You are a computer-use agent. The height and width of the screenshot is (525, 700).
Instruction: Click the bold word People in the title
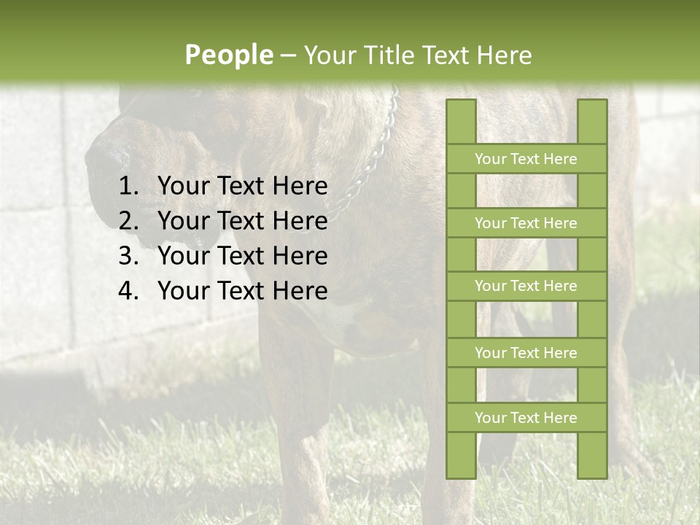pyautogui.click(x=228, y=55)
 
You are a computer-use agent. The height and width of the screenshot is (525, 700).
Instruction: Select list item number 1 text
pyautogui.click(x=242, y=187)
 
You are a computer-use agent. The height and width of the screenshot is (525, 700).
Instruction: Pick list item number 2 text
pyautogui.click(x=242, y=221)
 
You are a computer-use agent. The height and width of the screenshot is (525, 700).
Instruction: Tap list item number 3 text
pyautogui.click(x=242, y=256)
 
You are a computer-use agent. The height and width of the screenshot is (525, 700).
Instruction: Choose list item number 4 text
pyautogui.click(x=242, y=291)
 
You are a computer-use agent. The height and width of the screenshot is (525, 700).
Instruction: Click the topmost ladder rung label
pyautogui.click(x=526, y=159)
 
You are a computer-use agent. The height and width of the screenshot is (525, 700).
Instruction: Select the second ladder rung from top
pyautogui.click(x=526, y=223)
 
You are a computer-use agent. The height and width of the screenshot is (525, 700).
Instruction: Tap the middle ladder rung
pyautogui.click(x=526, y=286)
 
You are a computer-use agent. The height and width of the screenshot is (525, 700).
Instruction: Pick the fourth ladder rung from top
pyautogui.click(x=526, y=353)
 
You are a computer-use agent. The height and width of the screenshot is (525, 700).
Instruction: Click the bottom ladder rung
pyautogui.click(x=526, y=418)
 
